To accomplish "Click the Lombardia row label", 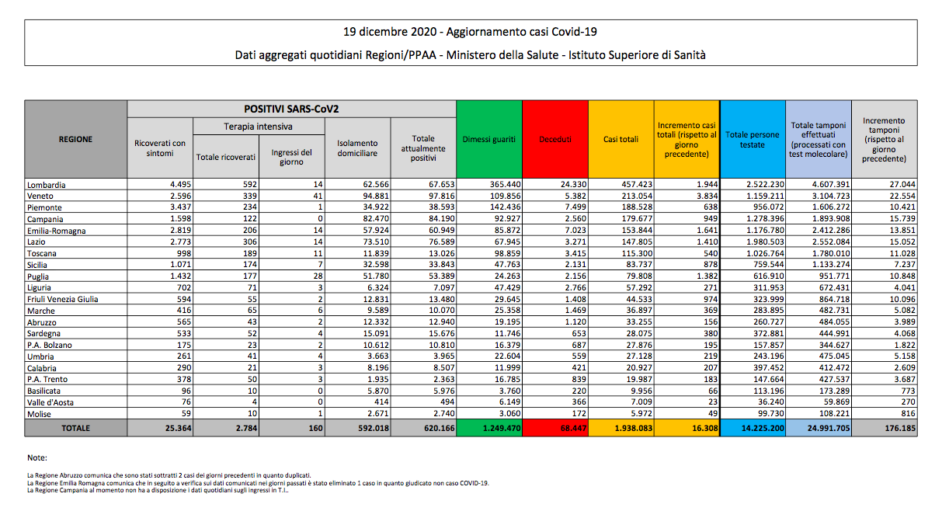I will (47, 185).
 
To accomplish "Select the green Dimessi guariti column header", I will (489, 140).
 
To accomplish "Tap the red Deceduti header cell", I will (555, 140).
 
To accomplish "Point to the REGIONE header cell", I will (75, 140).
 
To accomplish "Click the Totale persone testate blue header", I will (753, 140).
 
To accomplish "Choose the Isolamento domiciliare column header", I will (357, 148).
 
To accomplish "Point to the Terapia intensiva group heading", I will (258, 126).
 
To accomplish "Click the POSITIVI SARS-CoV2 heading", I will (291, 109).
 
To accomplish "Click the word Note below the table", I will (36, 458).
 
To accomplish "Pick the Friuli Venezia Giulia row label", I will (63, 299).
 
